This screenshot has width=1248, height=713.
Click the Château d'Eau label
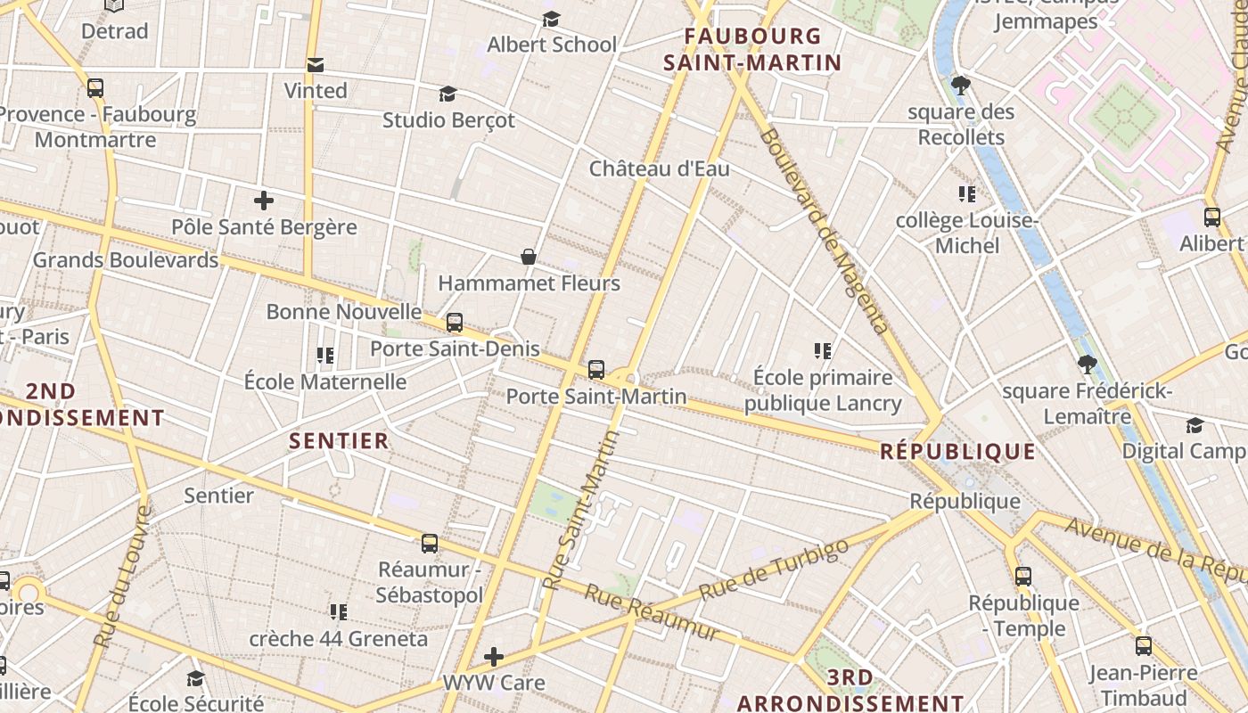659,168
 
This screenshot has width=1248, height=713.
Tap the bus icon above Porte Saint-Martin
596,369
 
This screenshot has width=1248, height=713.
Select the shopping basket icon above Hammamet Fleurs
529,257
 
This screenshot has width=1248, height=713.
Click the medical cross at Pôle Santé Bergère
263,201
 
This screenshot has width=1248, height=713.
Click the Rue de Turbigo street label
773,568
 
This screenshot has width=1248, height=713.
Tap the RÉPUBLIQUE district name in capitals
957,451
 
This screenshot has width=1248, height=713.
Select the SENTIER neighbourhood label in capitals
339,440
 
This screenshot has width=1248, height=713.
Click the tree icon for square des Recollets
960,86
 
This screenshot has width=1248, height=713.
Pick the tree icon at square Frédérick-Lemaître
1086,364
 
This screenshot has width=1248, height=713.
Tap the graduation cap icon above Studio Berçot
447,94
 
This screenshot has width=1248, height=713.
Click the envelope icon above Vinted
315,64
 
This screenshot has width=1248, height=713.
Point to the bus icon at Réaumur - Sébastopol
430,543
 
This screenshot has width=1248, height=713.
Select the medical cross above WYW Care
493,657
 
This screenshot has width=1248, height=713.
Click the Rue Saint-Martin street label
581,510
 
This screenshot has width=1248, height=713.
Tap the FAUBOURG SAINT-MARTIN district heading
763,49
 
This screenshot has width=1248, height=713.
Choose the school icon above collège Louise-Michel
966,193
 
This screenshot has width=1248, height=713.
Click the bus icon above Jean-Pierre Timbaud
1143,646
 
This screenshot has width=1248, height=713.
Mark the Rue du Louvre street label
120,576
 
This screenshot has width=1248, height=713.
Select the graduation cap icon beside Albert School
552,19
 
